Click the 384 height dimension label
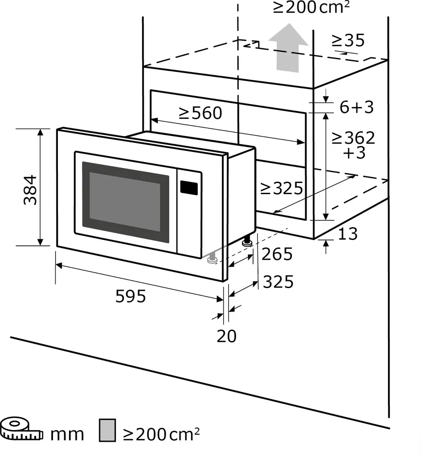coord(30,190)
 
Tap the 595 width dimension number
coord(131,296)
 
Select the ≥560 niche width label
coord(200,114)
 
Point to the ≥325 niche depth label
coord(282,188)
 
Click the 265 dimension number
coord(277,254)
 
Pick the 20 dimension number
coord(226,336)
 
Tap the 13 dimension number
coord(347,233)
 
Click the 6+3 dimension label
coord(356,107)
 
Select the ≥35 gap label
coord(348,41)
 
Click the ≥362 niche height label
coord(353,138)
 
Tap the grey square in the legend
coord(107,431)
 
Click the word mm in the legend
coord(67,434)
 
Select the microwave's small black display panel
coord(189,187)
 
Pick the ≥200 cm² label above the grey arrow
coord(311,8)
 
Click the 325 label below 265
coord(278,281)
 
